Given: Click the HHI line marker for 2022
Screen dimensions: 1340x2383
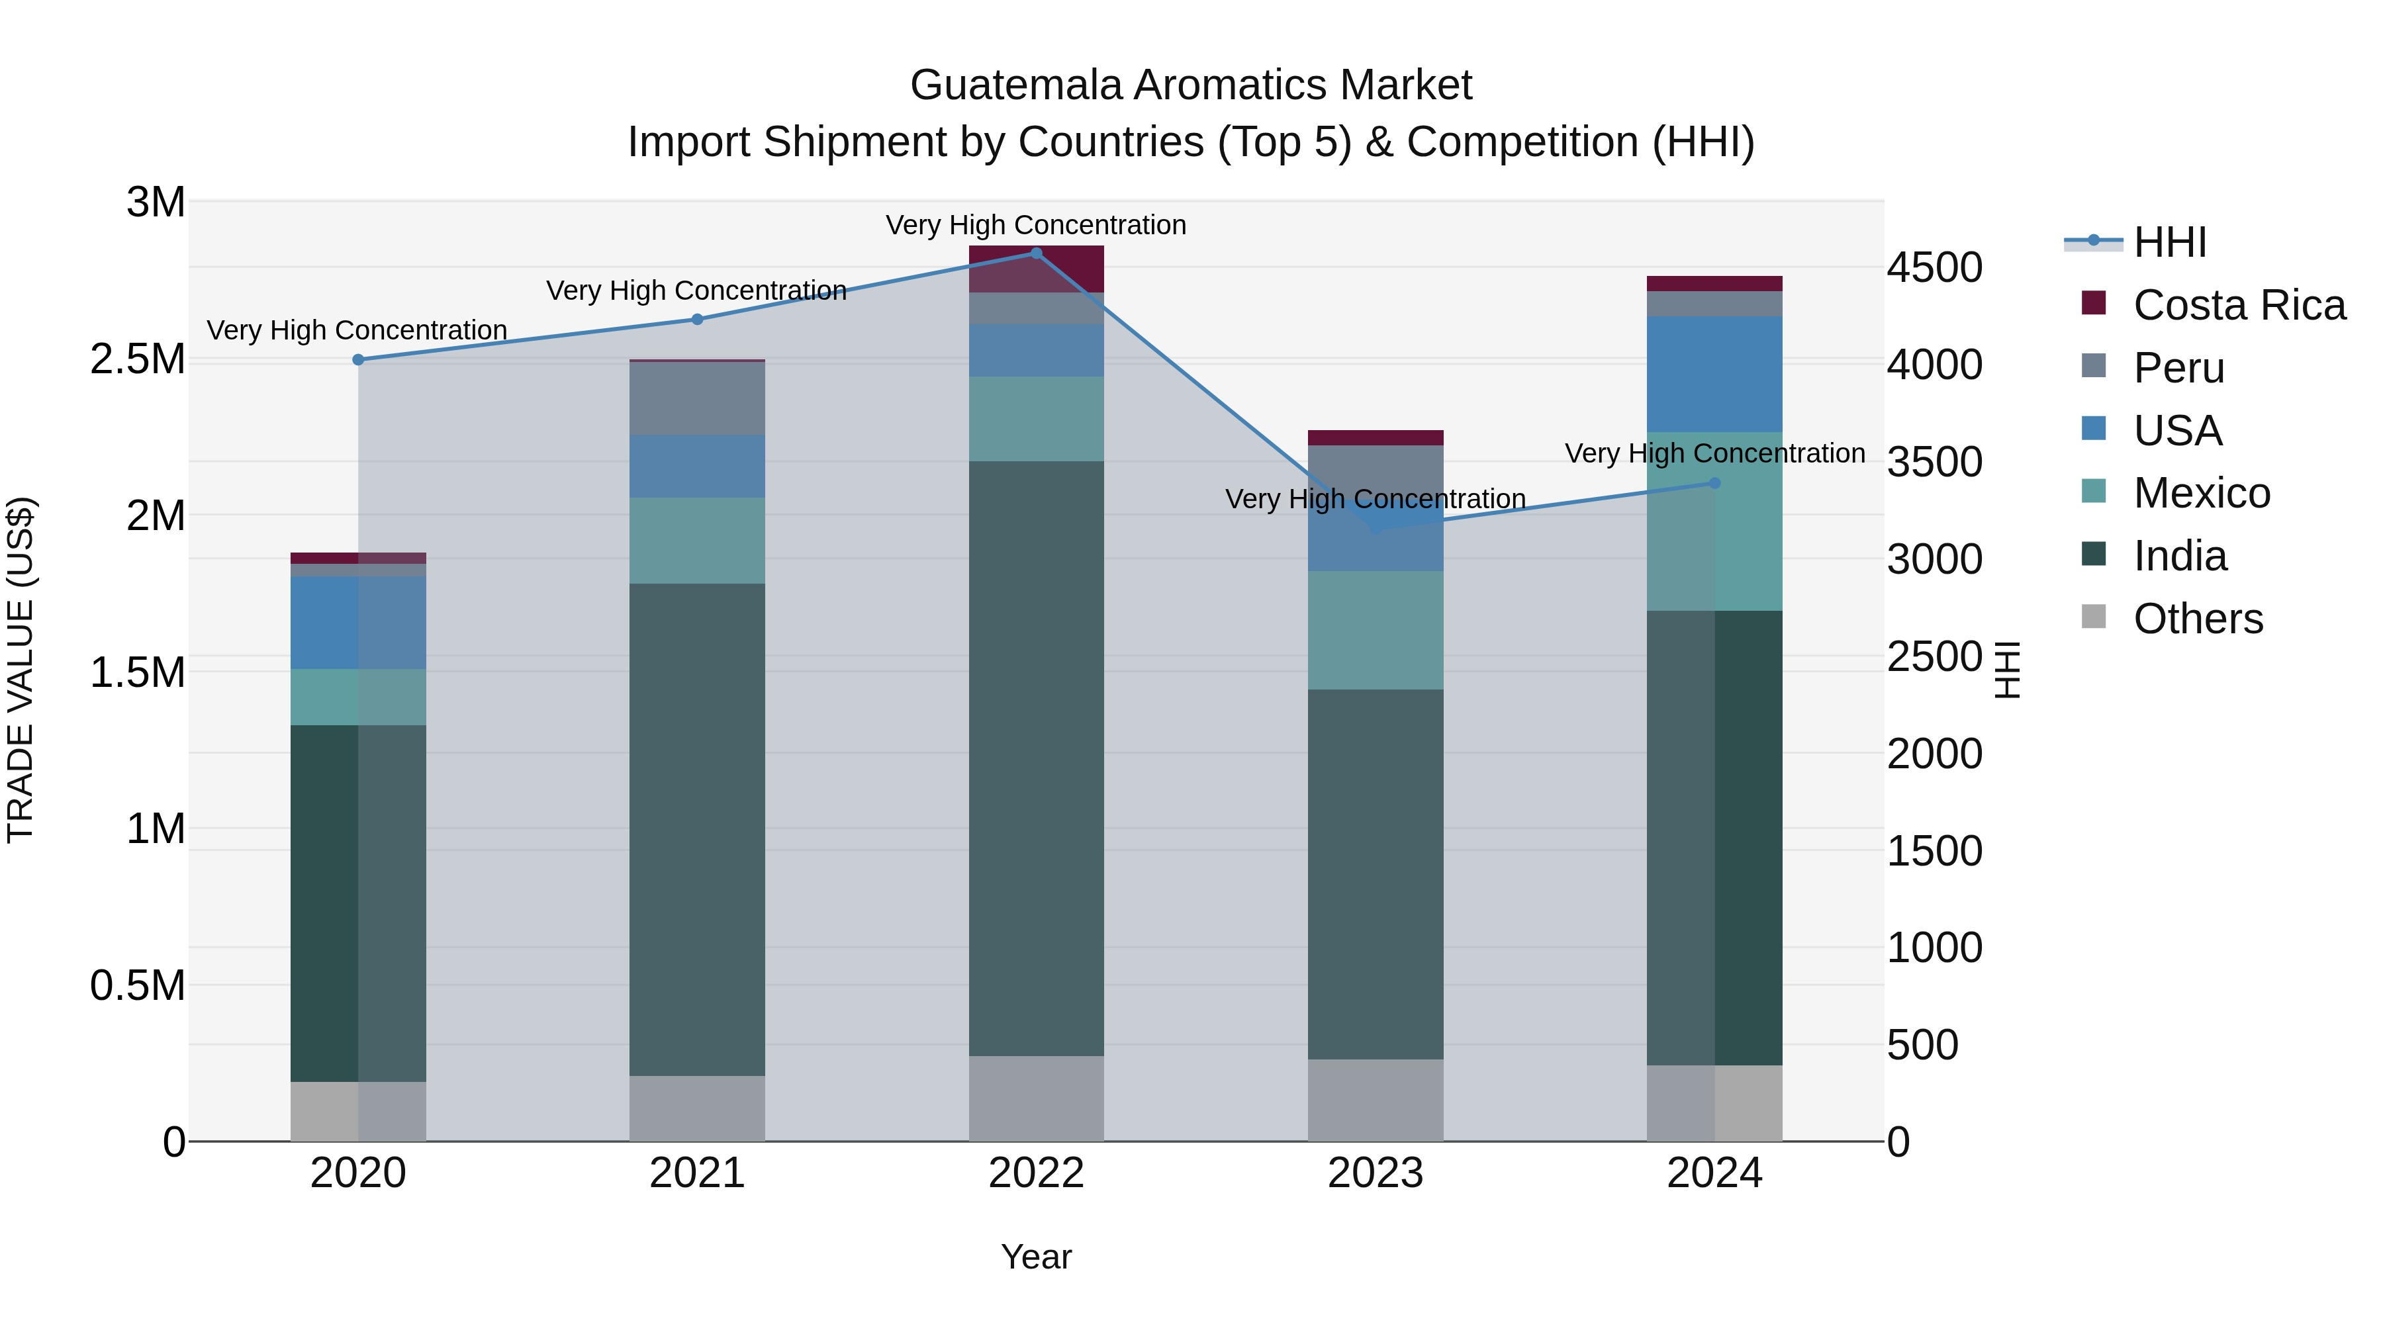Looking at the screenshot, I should pos(1036,253).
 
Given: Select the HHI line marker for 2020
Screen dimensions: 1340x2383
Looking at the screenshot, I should pos(358,360).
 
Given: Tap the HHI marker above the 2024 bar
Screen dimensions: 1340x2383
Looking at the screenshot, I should pos(1714,483).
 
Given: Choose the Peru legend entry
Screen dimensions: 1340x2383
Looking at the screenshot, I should pos(2178,368).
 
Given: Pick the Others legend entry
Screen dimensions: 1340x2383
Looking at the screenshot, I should pos(2198,619).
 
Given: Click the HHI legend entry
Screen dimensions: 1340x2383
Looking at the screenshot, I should pos(2169,242).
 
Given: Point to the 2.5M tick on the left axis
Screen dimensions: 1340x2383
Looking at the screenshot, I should pos(138,359).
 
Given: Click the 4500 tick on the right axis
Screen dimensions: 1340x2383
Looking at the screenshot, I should pos(1934,268).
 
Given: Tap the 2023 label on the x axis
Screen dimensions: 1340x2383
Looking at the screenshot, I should pos(1375,1173).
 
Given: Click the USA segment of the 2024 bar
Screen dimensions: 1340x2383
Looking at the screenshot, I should pos(1714,375).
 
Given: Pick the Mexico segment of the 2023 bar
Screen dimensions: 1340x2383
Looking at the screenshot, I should pos(1375,630).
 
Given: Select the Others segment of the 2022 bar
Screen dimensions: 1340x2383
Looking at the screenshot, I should pos(1036,1098).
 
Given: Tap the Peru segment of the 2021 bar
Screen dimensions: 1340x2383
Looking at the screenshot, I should pos(698,398).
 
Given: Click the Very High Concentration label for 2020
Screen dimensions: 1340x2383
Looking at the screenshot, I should pos(357,330).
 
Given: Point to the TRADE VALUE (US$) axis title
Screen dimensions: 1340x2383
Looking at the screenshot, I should pos(21,670).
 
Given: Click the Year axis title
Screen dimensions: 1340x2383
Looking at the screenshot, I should pos(1036,1257).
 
